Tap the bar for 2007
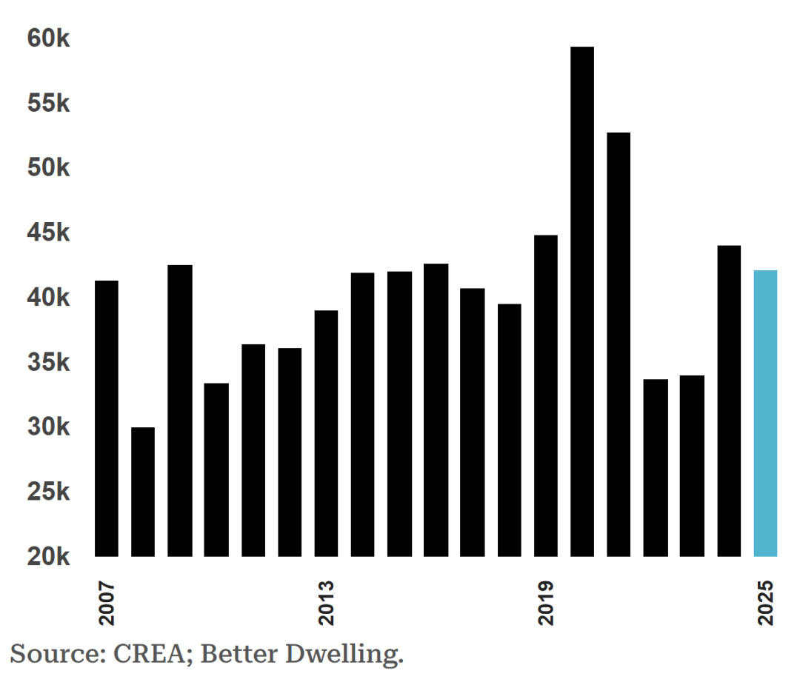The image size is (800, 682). click(x=107, y=418)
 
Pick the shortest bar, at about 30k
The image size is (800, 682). click(x=143, y=492)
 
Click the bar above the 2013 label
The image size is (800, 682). click(x=326, y=433)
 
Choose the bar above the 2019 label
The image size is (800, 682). click(x=546, y=395)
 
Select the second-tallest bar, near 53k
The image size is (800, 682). click(x=619, y=344)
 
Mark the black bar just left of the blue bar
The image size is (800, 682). click(x=729, y=401)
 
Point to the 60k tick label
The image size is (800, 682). click(x=48, y=39)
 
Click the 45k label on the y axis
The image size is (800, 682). click(x=48, y=233)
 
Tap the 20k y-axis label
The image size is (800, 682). click(x=48, y=557)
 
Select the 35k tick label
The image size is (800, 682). click(x=48, y=363)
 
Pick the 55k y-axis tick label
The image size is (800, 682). click(x=48, y=104)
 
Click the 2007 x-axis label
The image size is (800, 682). click(x=107, y=604)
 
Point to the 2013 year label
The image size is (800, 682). click(x=326, y=604)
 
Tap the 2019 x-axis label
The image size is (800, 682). click(x=546, y=604)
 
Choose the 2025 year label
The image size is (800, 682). click(x=765, y=604)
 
